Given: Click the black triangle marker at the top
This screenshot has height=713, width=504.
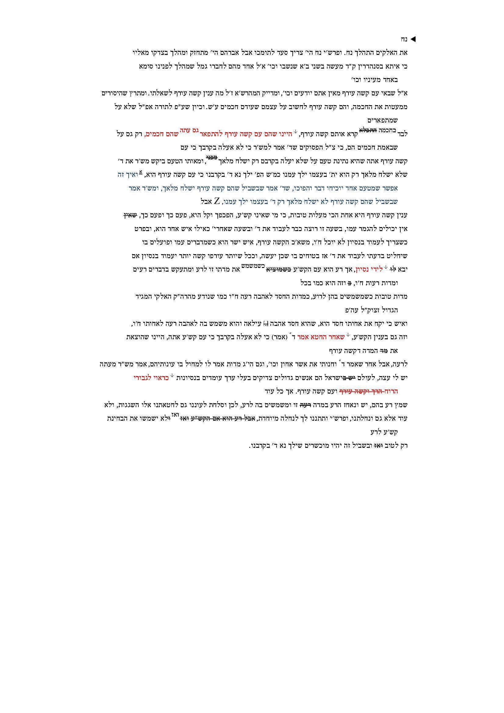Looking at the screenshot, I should pos(413,39).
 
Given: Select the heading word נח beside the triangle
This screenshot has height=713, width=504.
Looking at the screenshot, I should pos(404,39).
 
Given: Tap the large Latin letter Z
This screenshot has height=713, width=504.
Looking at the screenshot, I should pos(217,201).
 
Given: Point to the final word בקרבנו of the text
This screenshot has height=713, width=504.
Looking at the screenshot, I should pos(261,446).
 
